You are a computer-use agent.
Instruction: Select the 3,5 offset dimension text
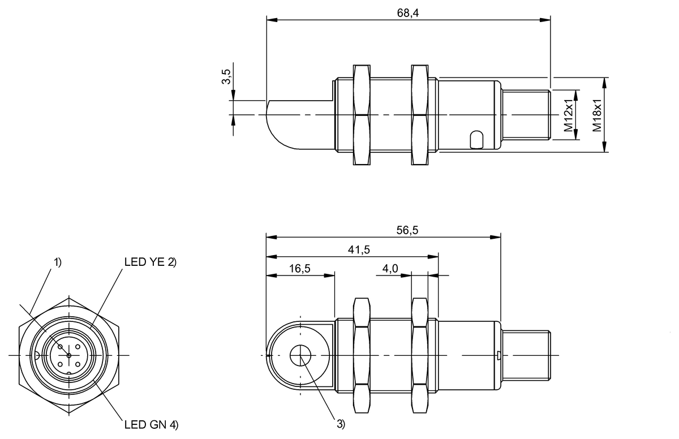226,78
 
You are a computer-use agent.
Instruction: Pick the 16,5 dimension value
299,268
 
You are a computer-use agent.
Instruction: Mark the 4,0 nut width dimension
389,268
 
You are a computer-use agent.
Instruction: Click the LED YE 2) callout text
151,262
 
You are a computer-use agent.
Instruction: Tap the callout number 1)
57,262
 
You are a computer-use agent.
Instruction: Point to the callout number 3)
340,423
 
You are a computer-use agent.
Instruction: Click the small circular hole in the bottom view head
300,356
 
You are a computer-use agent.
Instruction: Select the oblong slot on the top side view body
476,139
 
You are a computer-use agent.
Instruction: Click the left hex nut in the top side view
362,115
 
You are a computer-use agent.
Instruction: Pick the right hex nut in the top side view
420,115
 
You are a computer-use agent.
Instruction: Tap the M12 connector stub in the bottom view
526,355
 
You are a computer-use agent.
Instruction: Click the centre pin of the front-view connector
68,355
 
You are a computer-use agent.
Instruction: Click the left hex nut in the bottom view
362,355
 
